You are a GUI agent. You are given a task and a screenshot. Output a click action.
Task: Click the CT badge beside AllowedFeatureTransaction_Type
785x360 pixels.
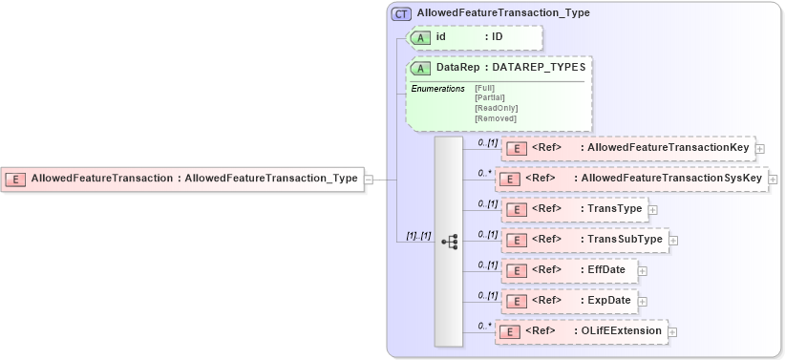[403, 13]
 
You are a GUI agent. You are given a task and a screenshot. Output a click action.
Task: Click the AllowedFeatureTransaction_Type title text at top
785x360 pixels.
[503, 13]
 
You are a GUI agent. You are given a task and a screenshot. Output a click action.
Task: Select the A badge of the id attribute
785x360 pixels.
[420, 36]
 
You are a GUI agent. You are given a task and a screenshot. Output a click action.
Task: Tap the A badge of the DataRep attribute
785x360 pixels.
[420, 69]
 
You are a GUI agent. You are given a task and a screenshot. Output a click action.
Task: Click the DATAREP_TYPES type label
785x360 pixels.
[542, 69]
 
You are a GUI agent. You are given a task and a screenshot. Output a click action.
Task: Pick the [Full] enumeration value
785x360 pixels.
[484, 88]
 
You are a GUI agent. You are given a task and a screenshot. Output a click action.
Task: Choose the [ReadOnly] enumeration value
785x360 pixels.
[491, 108]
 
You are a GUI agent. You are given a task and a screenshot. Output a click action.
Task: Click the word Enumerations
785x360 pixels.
[437, 89]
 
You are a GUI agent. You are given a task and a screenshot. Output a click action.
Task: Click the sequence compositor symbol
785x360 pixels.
[449, 242]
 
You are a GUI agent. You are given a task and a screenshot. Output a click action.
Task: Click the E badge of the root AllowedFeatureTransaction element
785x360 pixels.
[16, 179]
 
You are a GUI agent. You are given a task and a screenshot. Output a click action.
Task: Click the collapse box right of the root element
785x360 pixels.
[369, 179]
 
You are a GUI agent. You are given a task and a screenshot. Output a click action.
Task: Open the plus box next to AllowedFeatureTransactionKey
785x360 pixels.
[760, 149]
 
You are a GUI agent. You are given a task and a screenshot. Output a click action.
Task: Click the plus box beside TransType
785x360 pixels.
[653, 209]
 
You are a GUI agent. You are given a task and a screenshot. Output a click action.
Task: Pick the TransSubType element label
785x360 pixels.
[626, 240]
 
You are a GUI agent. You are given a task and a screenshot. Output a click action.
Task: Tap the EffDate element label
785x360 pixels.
[606, 270]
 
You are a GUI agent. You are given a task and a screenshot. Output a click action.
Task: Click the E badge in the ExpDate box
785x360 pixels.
[516, 301]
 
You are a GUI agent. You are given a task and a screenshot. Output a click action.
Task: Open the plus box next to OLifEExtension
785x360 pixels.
[672, 331]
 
